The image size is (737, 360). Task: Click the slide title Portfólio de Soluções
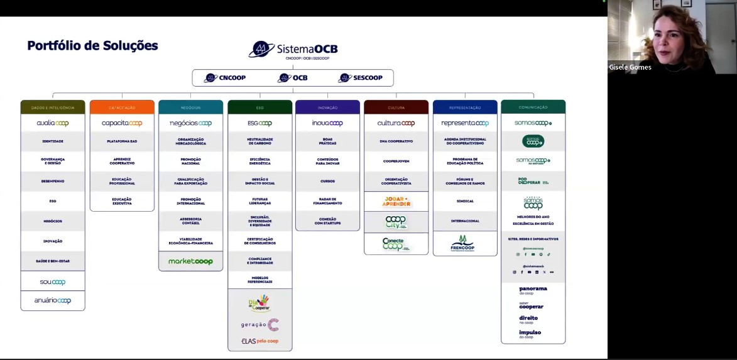[x=92, y=46]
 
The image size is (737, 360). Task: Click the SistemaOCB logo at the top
[x=293, y=50]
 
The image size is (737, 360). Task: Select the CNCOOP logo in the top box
[x=225, y=78]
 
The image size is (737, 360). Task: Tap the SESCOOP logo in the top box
[x=360, y=78]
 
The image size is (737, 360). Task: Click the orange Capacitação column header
[x=122, y=107]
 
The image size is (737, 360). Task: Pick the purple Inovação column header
[x=327, y=107]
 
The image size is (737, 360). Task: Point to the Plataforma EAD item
[x=122, y=141]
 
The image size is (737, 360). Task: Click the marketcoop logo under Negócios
[x=190, y=261]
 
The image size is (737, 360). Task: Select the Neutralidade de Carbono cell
[x=259, y=141]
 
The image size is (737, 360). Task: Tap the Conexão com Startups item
[x=327, y=221]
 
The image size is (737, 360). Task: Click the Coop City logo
[x=396, y=222]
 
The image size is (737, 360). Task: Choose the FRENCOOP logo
[x=464, y=243]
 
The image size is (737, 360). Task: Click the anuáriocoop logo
[x=53, y=301]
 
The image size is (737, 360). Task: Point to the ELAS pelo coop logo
[x=259, y=341]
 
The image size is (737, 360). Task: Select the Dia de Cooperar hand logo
[x=259, y=303]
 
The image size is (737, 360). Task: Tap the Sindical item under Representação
[x=465, y=201]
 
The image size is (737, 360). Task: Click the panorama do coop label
[x=533, y=290]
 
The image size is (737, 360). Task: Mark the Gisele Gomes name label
[x=630, y=67]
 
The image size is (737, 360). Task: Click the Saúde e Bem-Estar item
[x=53, y=261]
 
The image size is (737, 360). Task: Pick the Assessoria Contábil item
[x=190, y=221]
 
